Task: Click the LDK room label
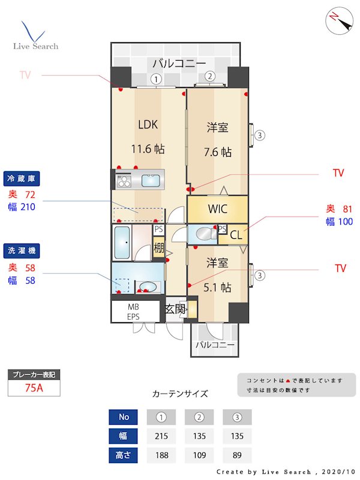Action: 148,125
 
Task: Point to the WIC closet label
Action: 217,209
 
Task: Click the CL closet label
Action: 236,235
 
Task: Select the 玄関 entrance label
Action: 175,309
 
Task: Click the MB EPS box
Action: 133,311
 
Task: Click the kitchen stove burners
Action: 124,179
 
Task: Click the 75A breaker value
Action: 34,388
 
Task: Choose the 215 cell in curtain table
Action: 160,436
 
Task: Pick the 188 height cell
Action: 160,455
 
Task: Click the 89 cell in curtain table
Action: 237,455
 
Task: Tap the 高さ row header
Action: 123,455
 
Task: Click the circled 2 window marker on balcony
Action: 209,76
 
